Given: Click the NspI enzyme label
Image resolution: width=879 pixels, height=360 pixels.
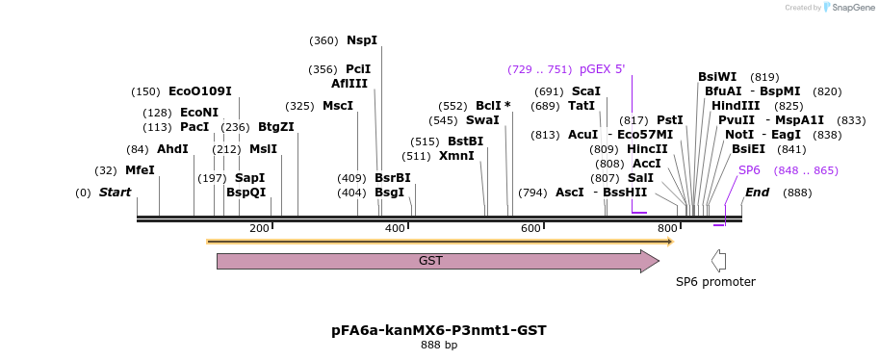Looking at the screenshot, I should pyautogui.click(x=362, y=40).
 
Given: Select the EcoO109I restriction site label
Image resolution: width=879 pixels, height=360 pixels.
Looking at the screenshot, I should pyautogui.click(x=200, y=91).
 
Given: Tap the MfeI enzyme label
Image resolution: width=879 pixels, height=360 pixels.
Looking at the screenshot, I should pyautogui.click(x=140, y=170).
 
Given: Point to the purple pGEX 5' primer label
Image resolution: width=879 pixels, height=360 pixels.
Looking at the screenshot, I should pyautogui.click(x=602, y=69).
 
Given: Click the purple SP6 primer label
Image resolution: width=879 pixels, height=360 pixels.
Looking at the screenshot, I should pyautogui.click(x=749, y=170).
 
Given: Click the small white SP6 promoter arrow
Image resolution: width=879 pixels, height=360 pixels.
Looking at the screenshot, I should pyautogui.click(x=718, y=260).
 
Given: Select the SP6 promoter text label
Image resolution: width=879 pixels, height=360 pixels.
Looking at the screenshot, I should pyautogui.click(x=715, y=282).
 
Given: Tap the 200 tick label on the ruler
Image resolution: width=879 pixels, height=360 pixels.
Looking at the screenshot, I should pyautogui.click(x=259, y=228).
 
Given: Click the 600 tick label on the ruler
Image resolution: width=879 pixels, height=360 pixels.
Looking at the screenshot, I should pyautogui.click(x=530, y=228).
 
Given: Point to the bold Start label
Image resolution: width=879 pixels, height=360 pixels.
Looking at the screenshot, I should pyautogui.click(x=115, y=193).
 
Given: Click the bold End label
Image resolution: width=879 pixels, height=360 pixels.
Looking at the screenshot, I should pyautogui.click(x=757, y=193).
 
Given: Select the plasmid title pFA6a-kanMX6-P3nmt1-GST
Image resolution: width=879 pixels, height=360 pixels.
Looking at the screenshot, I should pyautogui.click(x=439, y=330).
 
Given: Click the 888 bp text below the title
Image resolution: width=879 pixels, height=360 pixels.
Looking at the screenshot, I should pyautogui.click(x=439, y=345).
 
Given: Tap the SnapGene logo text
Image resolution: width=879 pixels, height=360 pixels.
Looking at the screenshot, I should pyautogui.click(x=853, y=8).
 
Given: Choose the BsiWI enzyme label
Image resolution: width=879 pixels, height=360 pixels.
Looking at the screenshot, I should pyautogui.click(x=717, y=77).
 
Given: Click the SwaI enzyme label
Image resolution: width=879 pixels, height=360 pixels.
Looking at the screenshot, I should pyautogui.click(x=482, y=120).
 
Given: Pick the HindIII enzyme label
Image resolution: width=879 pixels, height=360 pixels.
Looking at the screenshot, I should pyautogui.click(x=736, y=106).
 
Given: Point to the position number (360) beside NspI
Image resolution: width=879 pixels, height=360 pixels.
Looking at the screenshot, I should pyautogui.click(x=323, y=40).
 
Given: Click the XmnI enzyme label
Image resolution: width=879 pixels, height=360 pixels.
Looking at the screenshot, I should pyautogui.click(x=456, y=156).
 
